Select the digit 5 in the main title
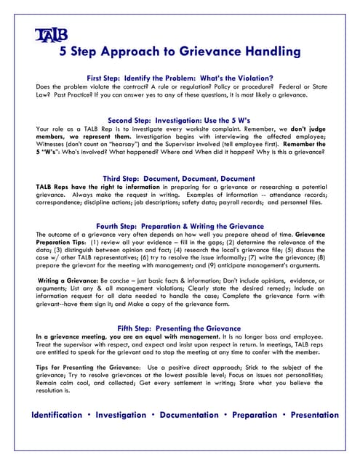(63, 52)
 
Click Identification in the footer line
(57, 416)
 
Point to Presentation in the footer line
(314, 416)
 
